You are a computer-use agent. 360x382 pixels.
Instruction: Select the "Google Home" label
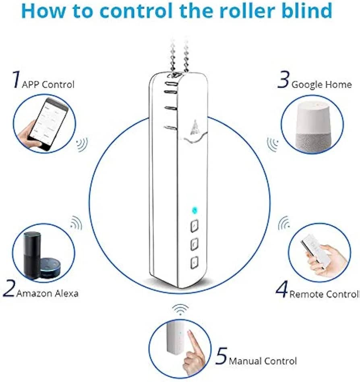(321, 85)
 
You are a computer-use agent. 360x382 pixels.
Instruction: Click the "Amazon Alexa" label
(48, 293)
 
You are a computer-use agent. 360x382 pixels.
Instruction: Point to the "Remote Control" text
(325, 294)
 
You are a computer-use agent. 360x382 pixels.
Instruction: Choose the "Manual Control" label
(263, 361)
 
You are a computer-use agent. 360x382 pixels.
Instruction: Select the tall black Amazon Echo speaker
(32, 254)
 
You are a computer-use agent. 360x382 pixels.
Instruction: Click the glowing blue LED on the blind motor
(194, 210)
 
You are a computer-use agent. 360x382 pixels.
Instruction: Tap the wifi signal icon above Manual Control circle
(180, 309)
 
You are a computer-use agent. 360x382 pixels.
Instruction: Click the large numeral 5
(221, 356)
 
